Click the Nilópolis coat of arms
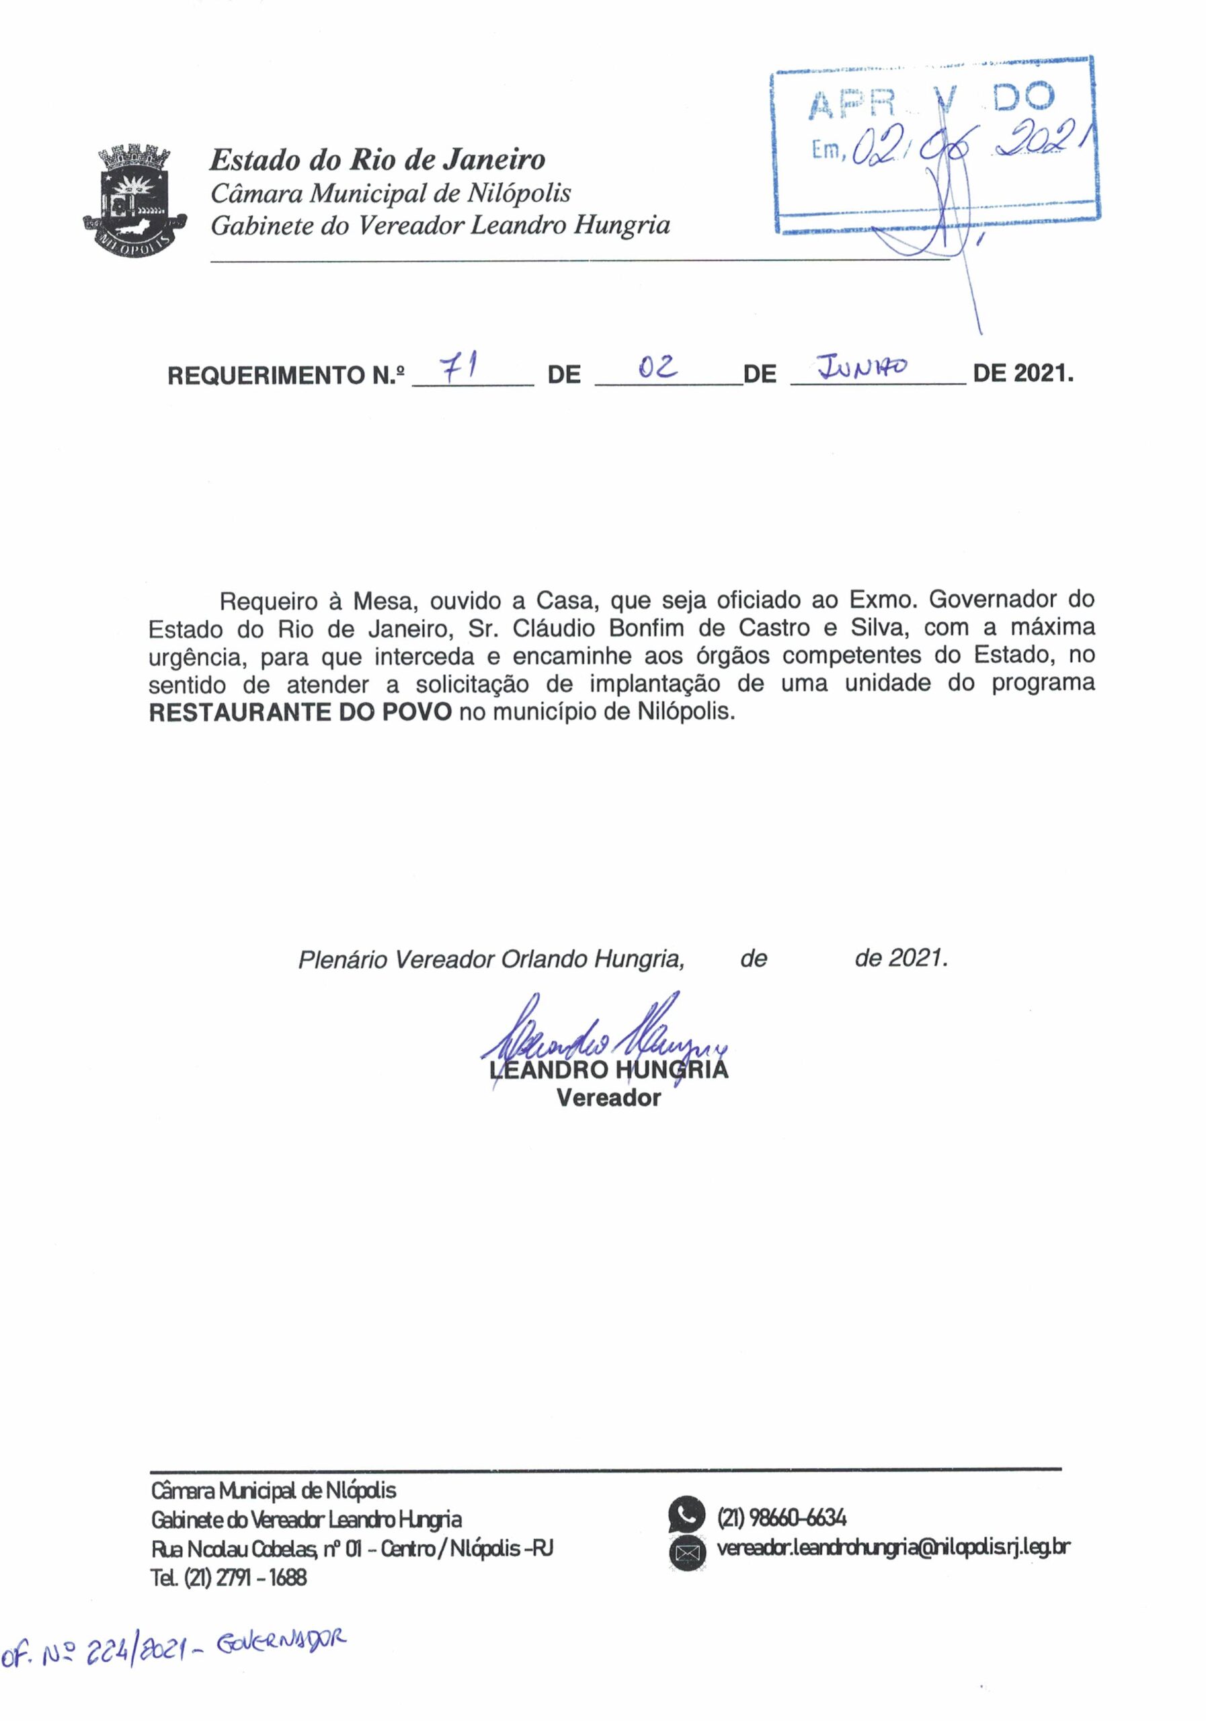[x=135, y=202]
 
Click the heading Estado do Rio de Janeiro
[x=377, y=159]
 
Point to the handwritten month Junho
[x=862, y=367]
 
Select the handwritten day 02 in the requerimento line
[x=657, y=366]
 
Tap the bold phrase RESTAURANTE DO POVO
[x=300, y=711]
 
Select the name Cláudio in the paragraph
[x=542, y=627]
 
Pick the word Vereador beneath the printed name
[x=608, y=1098]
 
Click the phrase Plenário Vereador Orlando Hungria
[x=491, y=959]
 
